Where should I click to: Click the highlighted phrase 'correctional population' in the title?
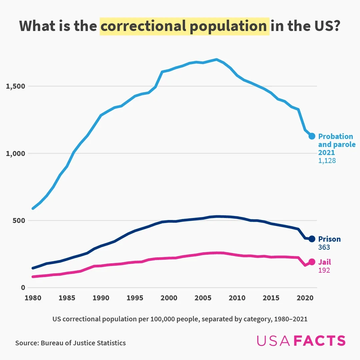coord(184,26)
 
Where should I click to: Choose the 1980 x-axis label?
coord(33,298)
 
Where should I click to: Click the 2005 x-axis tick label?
coord(203,298)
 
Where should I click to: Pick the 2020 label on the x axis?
coord(305,298)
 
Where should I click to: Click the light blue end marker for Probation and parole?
coord(312,136)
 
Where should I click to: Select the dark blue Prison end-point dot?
coord(312,239)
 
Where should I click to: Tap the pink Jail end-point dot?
coord(312,262)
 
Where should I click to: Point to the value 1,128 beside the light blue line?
coord(327,161)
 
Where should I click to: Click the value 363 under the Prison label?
coord(324,247)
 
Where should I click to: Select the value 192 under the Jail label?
coord(324,270)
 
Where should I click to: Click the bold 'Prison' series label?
coord(329,239)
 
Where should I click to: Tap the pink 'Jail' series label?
coord(325,262)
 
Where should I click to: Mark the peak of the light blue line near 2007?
coord(217,60)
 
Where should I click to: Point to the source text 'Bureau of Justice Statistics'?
coord(83,343)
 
